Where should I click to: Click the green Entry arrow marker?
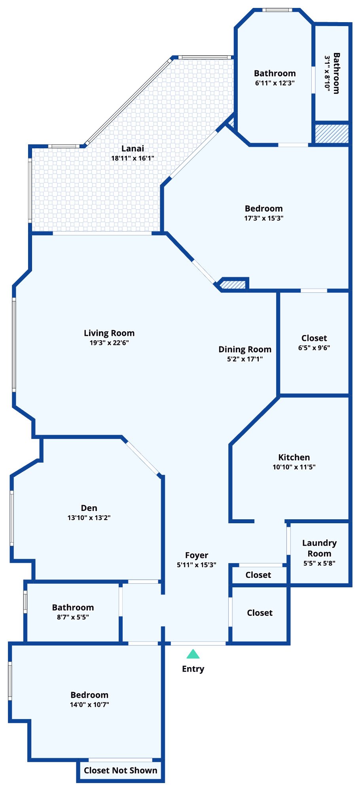coord(193,654)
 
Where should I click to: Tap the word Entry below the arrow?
coord(193,669)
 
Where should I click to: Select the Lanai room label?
coord(133,148)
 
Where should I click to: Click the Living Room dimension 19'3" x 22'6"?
coord(109,343)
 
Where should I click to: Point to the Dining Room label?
coord(245,350)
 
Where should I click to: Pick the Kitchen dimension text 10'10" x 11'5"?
coord(294,467)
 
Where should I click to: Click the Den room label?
coord(89,508)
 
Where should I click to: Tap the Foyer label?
coord(197,555)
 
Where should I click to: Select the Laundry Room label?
coord(319,548)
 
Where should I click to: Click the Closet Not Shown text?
coord(121,770)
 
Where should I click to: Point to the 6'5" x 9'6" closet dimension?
coord(314,348)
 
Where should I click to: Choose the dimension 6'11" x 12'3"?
coord(275,83)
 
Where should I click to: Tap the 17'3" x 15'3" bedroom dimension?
coord(264,218)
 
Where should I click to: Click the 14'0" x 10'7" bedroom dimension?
coord(89,704)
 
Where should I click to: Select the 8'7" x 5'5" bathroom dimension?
coord(73,617)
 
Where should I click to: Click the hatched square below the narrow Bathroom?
coord(332,134)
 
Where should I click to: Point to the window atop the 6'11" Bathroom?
coord(278,10)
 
